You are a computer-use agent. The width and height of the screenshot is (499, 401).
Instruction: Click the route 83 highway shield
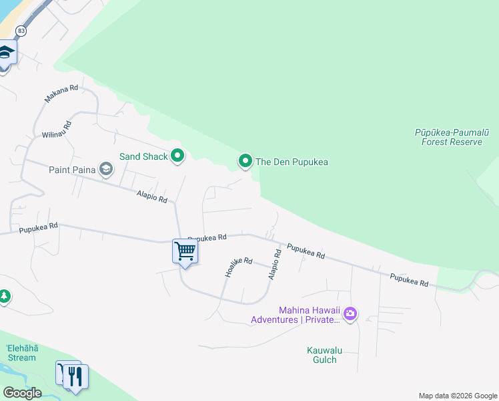(21, 31)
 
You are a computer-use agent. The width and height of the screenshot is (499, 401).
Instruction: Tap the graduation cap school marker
(5, 53)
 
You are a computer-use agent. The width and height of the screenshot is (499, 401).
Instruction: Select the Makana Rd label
(61, 94)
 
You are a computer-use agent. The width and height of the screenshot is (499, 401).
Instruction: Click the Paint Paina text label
(72, 169)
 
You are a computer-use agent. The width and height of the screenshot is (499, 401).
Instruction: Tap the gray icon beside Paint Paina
(106, 169)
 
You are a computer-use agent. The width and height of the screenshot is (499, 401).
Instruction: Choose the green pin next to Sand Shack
(177, 156)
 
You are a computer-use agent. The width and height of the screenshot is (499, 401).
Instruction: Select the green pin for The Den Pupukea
(245, 161)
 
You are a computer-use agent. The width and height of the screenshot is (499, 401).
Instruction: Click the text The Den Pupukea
(292, 162)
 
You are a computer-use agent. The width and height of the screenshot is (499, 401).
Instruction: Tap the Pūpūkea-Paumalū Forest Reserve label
(452, 137)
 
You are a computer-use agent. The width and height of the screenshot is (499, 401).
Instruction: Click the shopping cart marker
(185, 252)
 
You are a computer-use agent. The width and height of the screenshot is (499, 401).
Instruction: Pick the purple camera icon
(350, 313)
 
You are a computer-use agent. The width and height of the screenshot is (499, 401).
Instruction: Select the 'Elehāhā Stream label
(21, 353)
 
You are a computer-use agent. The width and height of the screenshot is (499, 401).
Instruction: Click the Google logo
(22, 392)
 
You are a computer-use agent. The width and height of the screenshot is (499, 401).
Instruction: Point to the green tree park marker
(4, 295)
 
